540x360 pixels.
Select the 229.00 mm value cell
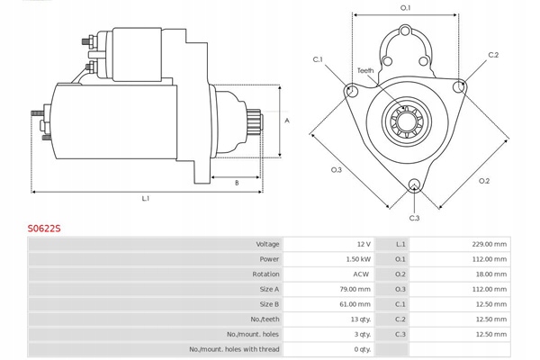tap(488, 244)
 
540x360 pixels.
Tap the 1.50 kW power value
tap(356, 259)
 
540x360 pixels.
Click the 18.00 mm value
tap(490, 274)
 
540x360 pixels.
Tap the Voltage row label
tap(267, 244)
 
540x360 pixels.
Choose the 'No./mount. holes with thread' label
tap(234, 349)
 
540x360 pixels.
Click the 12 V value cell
tap(362, 244)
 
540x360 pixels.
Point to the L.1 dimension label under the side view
tap(145, 198)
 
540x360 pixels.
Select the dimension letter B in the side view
tap(236, 183)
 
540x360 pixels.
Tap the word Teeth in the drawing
tap(364, 70)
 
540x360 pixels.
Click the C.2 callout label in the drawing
tap(493, 56)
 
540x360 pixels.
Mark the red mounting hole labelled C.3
tap(414, 186)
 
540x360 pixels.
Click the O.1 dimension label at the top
tap(405, 8)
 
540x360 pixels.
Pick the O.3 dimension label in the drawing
tap(336, 169)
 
